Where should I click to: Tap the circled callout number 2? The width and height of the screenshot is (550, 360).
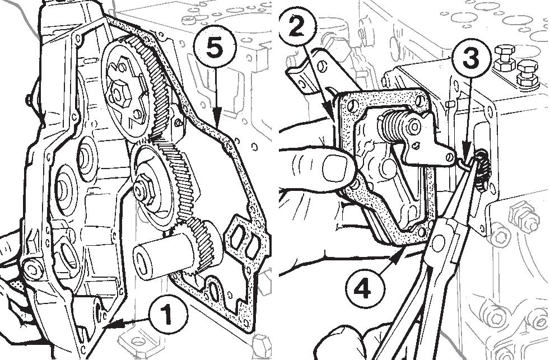[x=297, y=27]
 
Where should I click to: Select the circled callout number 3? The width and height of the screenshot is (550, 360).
[x=470, y=58]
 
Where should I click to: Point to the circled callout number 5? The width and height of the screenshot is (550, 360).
[x=215, y=48]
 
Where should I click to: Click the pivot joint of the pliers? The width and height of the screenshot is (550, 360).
[x=439, y=243]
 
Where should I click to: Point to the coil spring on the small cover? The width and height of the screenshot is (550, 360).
[x=392, y=125]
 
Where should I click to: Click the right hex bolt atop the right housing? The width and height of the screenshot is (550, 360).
[x=527, y=73]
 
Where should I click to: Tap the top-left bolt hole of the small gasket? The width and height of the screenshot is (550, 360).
[x=352, y=105]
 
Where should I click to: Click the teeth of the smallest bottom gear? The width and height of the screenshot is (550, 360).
[x=201, y=245]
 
